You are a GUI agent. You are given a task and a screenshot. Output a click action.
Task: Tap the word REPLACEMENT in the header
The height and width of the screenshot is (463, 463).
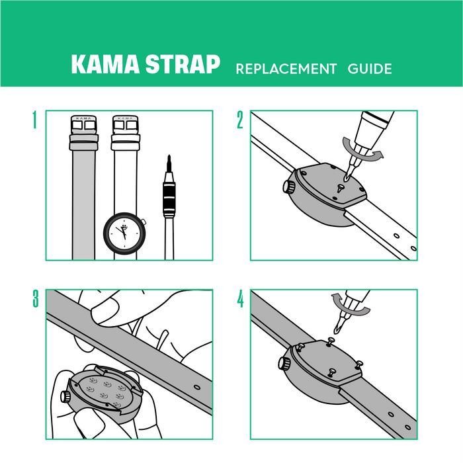(286, 69)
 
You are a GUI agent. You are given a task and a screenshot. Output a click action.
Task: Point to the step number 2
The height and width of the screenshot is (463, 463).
(240, 120)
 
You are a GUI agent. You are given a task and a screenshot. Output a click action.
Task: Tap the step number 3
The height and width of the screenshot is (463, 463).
(34, 299)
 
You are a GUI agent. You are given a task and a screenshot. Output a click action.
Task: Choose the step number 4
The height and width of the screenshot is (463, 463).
(240, 299)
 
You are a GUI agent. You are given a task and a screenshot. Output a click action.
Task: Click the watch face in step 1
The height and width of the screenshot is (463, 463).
(124, 233)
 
